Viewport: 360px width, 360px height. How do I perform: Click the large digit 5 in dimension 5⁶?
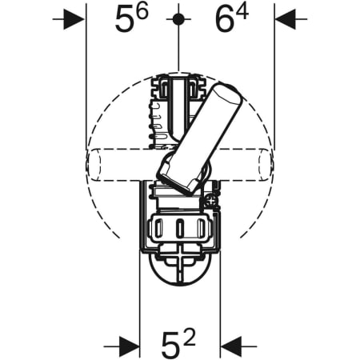124,19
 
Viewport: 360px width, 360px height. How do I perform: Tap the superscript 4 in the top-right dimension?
242,11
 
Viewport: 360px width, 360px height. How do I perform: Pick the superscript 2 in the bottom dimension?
189,338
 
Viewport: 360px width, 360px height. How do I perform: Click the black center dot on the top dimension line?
178,19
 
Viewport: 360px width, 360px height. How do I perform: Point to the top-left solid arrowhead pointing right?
74,19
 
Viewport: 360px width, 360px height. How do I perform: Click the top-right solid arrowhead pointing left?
286,19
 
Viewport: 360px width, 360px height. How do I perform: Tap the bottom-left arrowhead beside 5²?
130,346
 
